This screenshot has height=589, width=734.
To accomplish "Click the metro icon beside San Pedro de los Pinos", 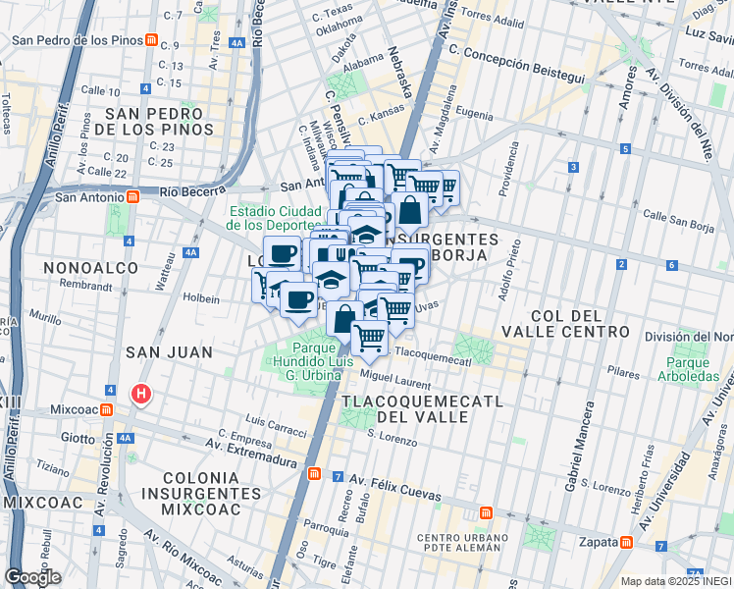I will click(151, 41).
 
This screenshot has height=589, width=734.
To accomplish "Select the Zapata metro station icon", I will click(625, 542).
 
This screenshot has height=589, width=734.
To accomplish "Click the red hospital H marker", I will click(142, 396).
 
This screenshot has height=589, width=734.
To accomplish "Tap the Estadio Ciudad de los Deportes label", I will click(275, 217).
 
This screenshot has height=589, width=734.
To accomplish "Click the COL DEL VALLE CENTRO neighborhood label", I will click(579, 323).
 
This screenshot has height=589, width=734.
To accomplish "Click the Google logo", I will click(33, 577).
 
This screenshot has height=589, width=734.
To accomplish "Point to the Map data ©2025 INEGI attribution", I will click(675, 581).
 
